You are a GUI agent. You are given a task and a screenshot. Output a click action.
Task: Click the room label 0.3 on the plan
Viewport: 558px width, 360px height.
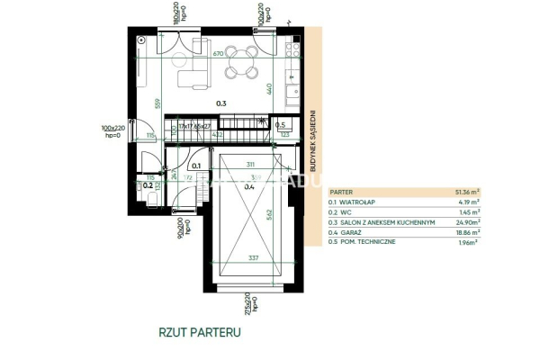pos(220,104)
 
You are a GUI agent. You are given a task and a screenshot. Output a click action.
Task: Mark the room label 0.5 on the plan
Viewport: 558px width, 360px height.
pos(280,125)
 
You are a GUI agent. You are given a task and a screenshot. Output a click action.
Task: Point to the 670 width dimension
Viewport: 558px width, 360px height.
pos(219,55)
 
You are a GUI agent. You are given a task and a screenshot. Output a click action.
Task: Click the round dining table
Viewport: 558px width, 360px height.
pos(240,62)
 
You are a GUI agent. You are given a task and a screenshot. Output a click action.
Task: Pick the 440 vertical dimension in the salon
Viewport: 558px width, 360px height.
pos(269,88)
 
